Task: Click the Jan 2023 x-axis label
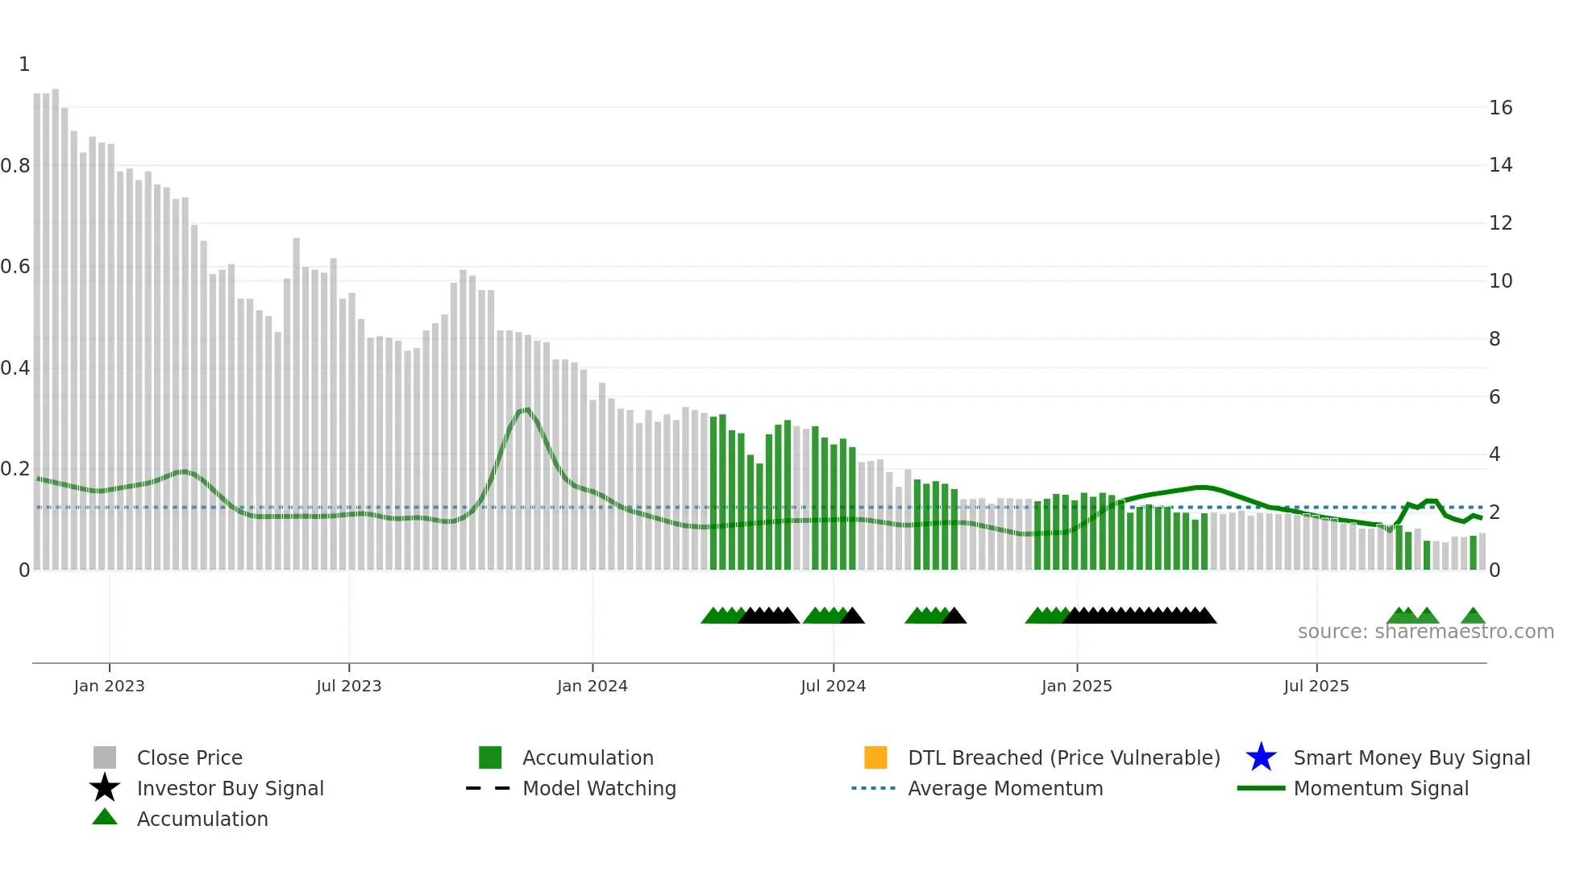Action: click(x=109, y=686)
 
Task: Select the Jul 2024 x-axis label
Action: click(x=833, y=686)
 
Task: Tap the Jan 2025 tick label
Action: click(x=1076, y=686)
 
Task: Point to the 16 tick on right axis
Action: click(x=1500, y=108)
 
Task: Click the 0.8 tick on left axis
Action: click(x=15, y=166)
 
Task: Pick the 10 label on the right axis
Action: click(x=1500, y=281)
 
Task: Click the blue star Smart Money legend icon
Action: click(x=1261, y=757)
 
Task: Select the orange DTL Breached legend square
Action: click(x=875, y=757)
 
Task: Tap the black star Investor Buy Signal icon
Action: click(x=105, y=788)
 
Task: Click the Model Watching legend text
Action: click(x=599, y=788)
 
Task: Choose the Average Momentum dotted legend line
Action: click(x=873, y=788)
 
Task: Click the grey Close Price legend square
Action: click(x=105, y=757)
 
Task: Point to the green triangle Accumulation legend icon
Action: click(x=105, y=817)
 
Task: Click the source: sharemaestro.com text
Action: click(x=1425, y=632)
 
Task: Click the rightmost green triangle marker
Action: click(x=1473, y=616)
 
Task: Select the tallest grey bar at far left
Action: click(x=56, y=322)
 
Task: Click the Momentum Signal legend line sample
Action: click(x=1261, y=788)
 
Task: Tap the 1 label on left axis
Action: click(x=24, y=64)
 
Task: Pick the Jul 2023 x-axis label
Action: click(x=348, y=686)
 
